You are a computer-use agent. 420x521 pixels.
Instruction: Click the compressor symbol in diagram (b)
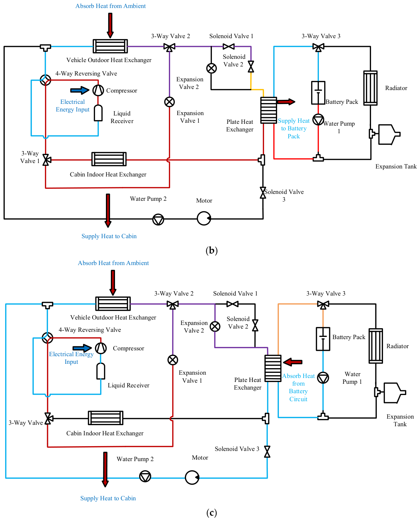coord(98,90)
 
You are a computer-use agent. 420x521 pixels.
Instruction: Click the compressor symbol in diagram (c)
coord(100,348)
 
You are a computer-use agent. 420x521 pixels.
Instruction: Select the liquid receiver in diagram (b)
coord(98,113)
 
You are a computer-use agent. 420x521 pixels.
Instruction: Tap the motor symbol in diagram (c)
coord(192,477)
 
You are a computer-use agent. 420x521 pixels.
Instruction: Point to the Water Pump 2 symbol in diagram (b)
coord(158,219)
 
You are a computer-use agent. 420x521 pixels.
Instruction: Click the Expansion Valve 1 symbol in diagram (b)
coord(169,102)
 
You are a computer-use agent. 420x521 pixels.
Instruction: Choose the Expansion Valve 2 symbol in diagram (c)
coord(215,327)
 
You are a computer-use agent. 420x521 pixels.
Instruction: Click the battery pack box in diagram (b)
coord(318,93)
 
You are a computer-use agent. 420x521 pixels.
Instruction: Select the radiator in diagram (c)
coord(376,346)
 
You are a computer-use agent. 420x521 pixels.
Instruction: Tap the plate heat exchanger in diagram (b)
coord(268,110)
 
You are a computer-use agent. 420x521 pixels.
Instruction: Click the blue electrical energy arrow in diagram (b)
coord(79,90)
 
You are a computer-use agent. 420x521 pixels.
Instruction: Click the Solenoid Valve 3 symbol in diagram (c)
coord(267,452)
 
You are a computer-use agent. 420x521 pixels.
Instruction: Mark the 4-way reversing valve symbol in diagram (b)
coord(45,80)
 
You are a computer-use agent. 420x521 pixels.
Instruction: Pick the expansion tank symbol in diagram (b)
coord(384,134)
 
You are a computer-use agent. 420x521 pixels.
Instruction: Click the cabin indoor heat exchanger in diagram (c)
coord(106,418)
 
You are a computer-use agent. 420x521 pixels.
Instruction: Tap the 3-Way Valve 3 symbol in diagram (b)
coord(318,47)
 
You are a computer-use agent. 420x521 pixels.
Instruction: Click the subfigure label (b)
coord(212,250)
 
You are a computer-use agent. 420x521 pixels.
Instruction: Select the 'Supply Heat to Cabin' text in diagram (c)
coord(108,498)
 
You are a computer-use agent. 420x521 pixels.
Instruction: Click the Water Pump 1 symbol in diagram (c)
coord(323,378)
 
